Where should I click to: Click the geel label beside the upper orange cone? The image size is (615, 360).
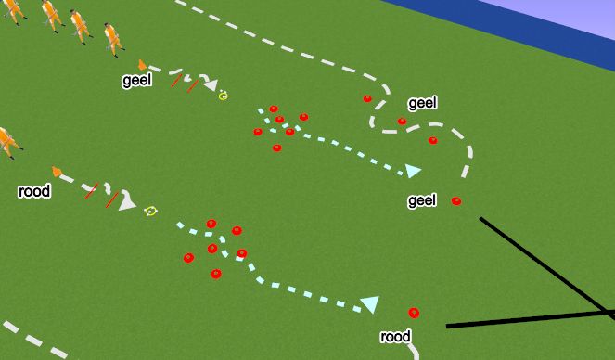[136, 81]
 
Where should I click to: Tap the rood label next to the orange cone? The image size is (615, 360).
[32, 192]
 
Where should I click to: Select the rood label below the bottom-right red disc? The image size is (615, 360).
[395, 336]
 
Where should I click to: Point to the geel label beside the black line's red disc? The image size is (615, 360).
[422, 200]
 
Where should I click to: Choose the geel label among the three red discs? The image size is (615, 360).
[422, 103]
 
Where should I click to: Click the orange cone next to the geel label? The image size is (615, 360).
[142, 64]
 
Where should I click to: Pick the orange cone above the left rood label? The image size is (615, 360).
[58, 171]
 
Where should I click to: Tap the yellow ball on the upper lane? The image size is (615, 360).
[224, 95]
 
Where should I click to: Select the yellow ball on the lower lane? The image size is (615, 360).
[150, 212]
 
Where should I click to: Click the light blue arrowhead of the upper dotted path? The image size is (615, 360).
[414, 171]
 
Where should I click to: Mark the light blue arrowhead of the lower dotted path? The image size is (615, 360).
[370, 304]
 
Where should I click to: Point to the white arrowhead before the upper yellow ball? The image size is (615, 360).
[211, 86]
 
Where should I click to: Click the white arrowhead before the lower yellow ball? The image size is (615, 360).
[127, 203]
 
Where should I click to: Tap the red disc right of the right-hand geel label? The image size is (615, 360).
[455, 200]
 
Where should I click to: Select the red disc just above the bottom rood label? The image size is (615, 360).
[414, 313]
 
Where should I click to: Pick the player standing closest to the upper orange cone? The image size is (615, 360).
[111, 36]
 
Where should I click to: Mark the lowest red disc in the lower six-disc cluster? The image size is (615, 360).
[216, 274]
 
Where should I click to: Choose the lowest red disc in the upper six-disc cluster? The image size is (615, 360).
[276, 148]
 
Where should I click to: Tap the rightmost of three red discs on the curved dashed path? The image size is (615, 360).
[433, 140]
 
